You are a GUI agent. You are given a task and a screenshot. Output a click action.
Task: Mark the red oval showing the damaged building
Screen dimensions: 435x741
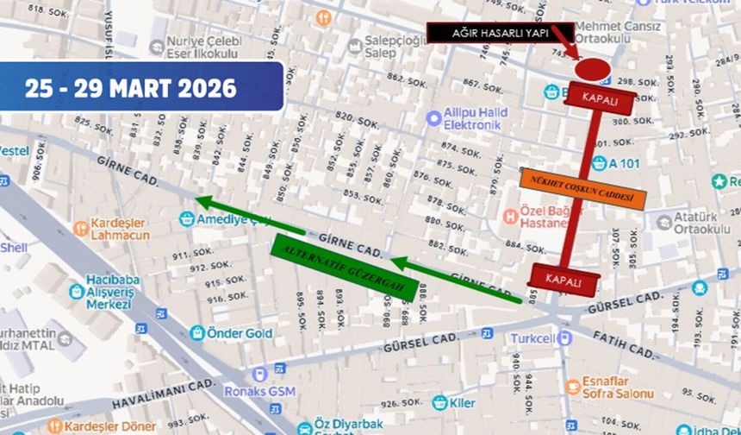592,68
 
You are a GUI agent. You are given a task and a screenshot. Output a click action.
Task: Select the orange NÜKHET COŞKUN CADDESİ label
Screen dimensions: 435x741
582,190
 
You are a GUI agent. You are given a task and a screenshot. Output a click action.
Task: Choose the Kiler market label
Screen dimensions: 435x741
462,402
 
